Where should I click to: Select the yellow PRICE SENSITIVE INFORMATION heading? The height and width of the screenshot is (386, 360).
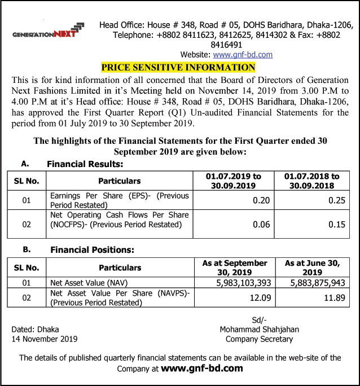178,68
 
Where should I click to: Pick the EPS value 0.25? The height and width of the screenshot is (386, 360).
336,200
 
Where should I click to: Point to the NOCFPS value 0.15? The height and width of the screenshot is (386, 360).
336,224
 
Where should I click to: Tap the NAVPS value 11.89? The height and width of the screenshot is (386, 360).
335,297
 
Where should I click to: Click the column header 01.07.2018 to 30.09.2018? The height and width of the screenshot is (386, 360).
311,181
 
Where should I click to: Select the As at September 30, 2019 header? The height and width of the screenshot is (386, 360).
235,267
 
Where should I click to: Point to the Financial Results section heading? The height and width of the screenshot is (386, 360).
85,165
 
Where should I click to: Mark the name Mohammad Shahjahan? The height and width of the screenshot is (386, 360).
260,330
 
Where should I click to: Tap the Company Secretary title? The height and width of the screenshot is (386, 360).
260,339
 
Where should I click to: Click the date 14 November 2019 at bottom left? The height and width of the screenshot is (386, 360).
45,339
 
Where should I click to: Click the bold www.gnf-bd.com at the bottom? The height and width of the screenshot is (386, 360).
202,369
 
